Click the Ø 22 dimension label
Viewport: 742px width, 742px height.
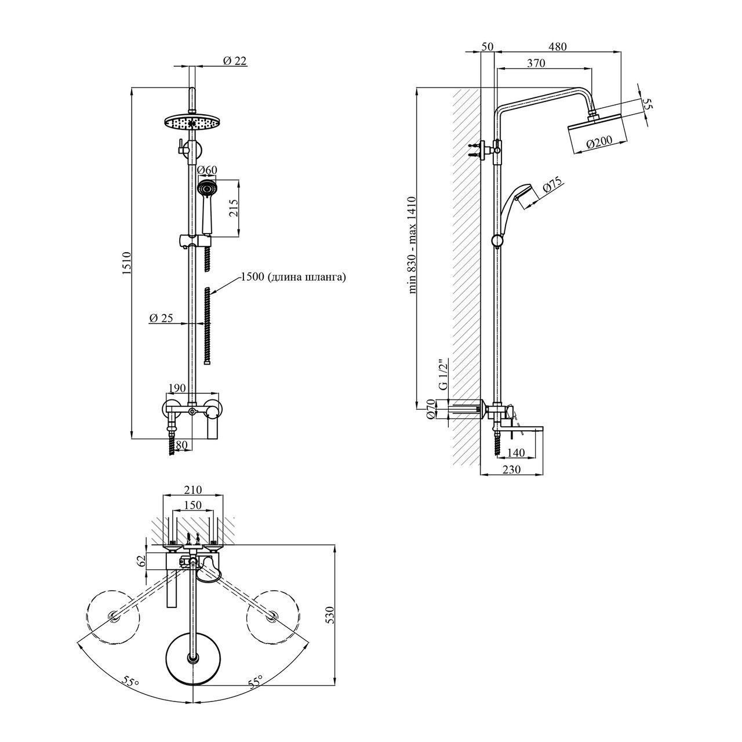pyautogui.click(x=235, y=60)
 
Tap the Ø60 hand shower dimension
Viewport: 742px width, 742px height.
pyautogui.click(x=207, y=170)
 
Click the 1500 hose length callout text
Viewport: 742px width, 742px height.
pyautogui.click(x=293, y=278)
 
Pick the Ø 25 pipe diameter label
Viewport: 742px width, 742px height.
pyautogui.click(x=161, y=318)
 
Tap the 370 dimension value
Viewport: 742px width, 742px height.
pyautogui.click(x=536, y=64)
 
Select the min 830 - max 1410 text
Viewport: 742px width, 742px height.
pyautogui.click(x=413, y=246)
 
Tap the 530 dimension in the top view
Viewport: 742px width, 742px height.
pyautogui.click(x=330, y=614)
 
